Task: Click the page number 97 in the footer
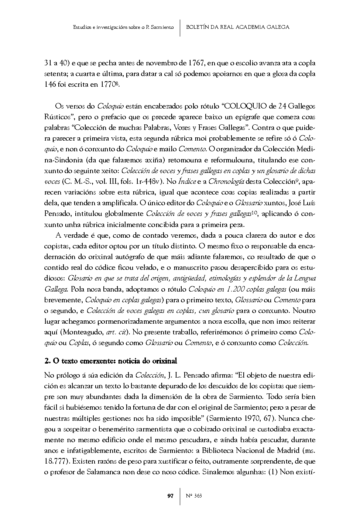[170, 496]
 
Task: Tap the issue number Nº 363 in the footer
[193, 496]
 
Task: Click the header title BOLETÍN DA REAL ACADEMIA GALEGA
[238, 27]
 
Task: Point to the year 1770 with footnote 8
[109, 85]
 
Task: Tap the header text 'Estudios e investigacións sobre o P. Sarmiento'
[123, 27]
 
